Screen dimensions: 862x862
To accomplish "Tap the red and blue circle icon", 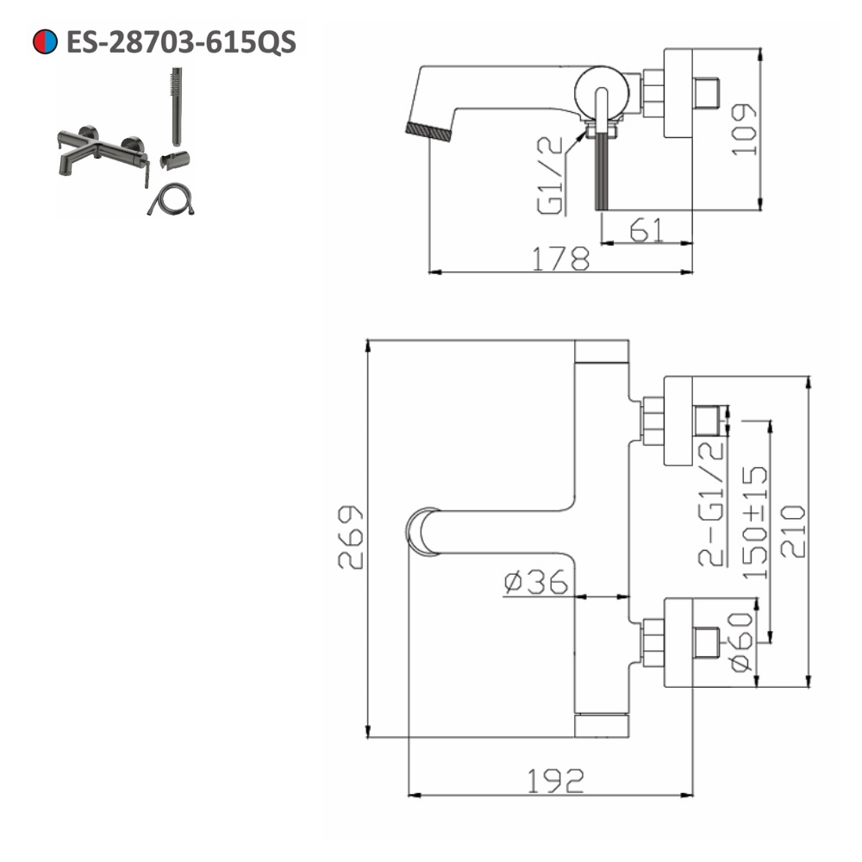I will point(45,41).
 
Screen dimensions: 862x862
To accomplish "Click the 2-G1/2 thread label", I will point(710,502).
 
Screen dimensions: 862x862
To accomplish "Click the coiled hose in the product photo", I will point(170,202).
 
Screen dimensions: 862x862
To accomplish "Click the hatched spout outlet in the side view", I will point(428,130).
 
